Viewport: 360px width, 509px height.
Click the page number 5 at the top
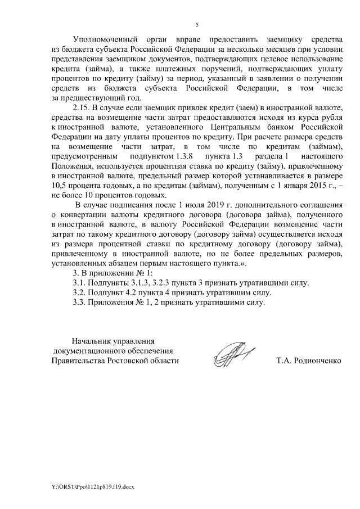(x=197, y=25)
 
